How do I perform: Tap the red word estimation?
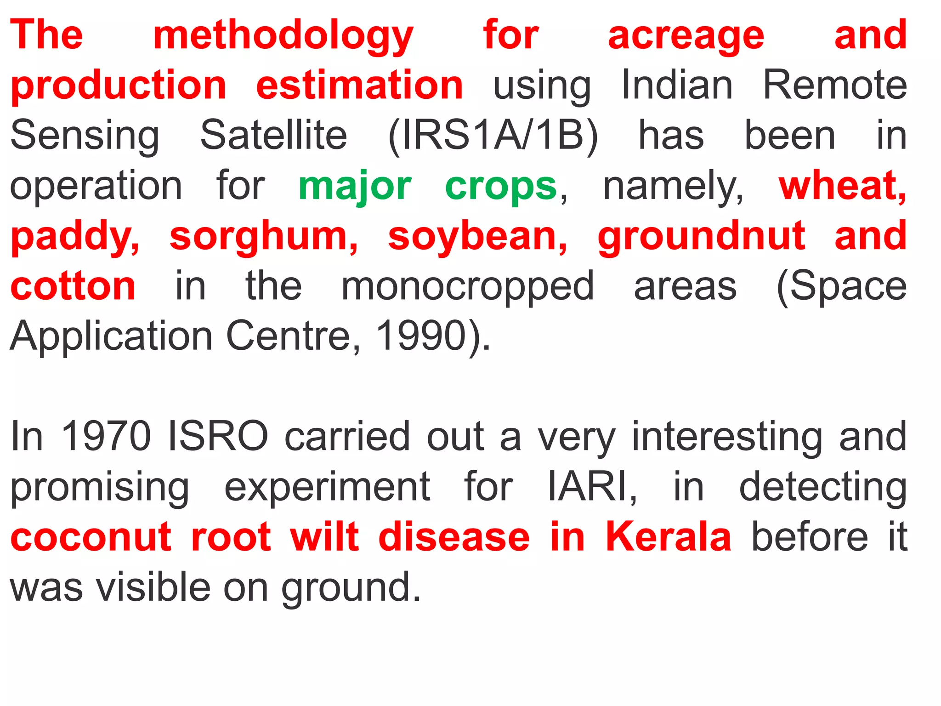pyautogui.click(x=359, y=85)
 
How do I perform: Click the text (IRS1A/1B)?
pyautogui.click(x=493, y=136)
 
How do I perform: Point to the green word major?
pyautogui.click(x=355, y=186)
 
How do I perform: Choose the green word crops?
pyautogui.click(x=501, y=186)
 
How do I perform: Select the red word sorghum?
pyautogui.click(x=263, y=236)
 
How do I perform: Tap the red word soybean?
pyautogui.click(x=477, y=236)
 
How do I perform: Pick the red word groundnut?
pyautogui.click(x=701, y=236)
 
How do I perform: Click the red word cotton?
pyautogui.click(x=73, y=286)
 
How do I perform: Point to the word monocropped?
pyautogui.click(x=467, y=287)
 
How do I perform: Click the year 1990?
pyautogui.click(x=421, y=336)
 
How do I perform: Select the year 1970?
pyautogui.click(x=106, y=436)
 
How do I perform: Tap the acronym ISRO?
pyautogui.click(x=218, y=436)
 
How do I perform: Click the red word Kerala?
pyautogui.click(x=668, y=536)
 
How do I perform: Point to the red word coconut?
pyautogui.click(x=91, y=536)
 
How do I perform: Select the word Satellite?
pyautogui.click(x=274, y=136)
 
